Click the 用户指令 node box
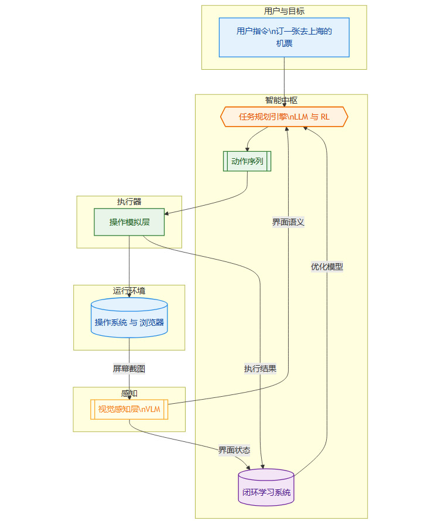(284, 37)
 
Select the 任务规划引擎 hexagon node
(284, 117)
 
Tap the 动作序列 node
(247, 161)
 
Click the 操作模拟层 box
(129, 222)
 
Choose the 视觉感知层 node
(129, 409)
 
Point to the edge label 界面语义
(288, 222)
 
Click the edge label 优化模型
(327, 267)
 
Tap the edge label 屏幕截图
(129, 369)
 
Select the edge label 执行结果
(260, 369)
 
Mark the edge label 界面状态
(234, 450)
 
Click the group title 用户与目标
(284, 11)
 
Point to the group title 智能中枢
(281, 100)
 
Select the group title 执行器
(129, 202)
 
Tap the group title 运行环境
(129, 291)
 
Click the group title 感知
(129, 393)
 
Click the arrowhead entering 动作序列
(247, 149)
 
